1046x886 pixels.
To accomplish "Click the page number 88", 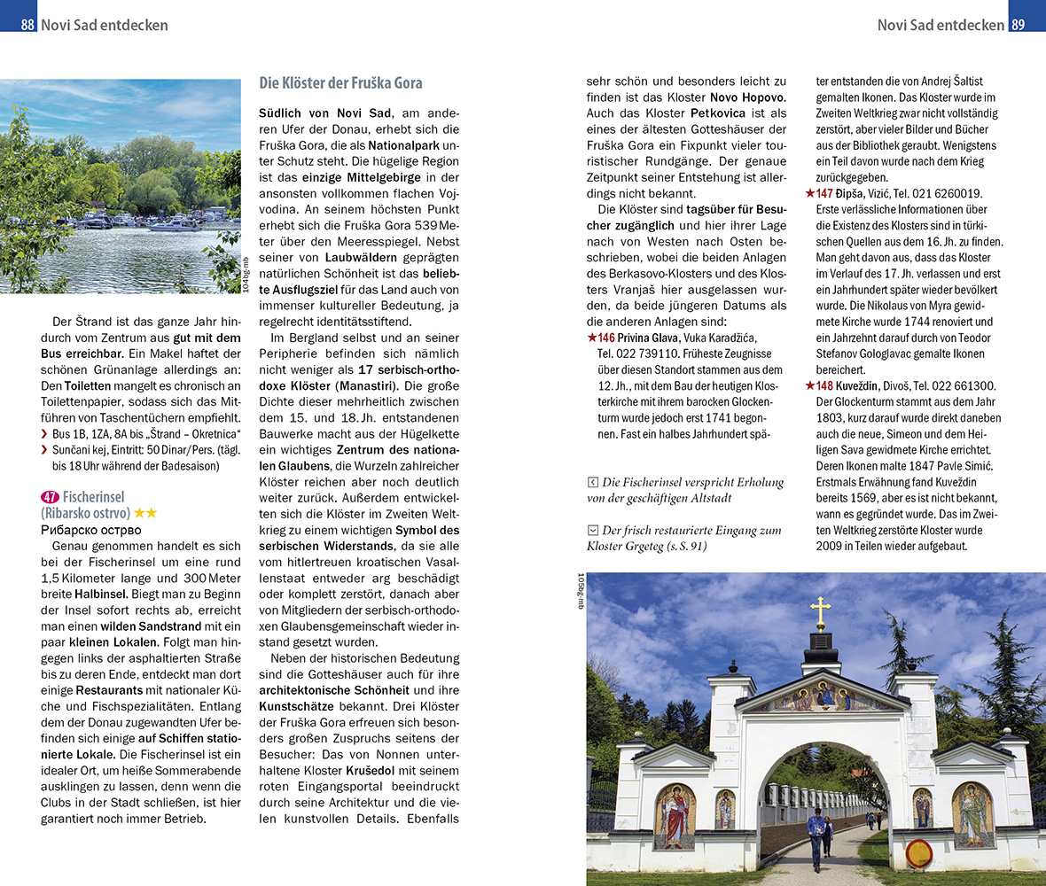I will click(x=27, y=25).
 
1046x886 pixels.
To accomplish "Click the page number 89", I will click(x=1018, y=25).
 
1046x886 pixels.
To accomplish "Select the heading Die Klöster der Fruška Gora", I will click(x=340, y=83).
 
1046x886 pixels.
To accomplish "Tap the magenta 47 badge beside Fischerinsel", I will click(x=51, y=497).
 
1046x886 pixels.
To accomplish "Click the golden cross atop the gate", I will click(x=821, y=612).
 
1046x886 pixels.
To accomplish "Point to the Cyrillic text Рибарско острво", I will click(x=91, y=530).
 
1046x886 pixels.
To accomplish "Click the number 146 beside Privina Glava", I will click(x=606, y=338).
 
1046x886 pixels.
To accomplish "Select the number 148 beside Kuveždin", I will click(x=824, y=385).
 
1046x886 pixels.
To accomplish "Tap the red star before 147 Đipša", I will click(x=809, y=194).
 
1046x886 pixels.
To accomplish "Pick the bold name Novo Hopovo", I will click(x=747, y=97).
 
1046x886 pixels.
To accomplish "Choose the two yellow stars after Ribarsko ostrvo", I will click(x=145, y=514).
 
